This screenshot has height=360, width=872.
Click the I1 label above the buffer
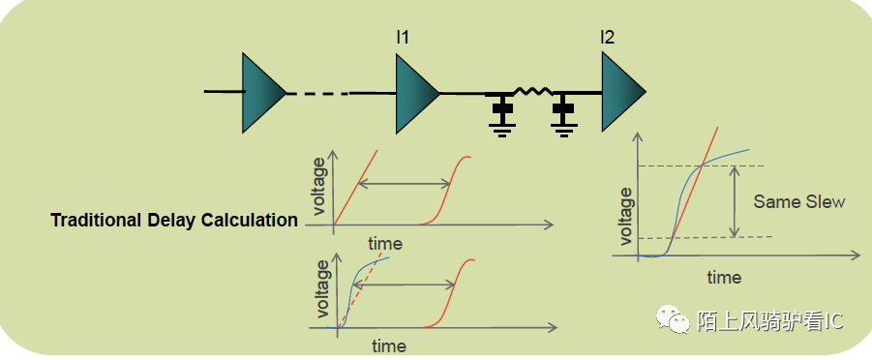(x=403, y=38)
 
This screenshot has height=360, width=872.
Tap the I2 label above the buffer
(x=607, y=38)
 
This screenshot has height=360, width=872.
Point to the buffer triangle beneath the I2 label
(x=621, y=92)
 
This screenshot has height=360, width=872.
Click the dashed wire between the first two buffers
(x=317, y=94)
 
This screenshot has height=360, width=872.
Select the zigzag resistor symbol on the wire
(x=532, y=92)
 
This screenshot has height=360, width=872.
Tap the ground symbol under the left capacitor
(x=500, y=127)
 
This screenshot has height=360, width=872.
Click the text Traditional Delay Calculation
(x=174, y=220)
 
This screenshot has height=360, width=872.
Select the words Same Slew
(x=798, y=202)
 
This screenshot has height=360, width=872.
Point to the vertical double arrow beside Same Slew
(x=735, y=201)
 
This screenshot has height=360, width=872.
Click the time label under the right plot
(x=724, y=278)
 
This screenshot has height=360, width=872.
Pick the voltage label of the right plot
(x=626, y=216)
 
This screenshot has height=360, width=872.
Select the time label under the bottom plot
(x=389, y=345)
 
